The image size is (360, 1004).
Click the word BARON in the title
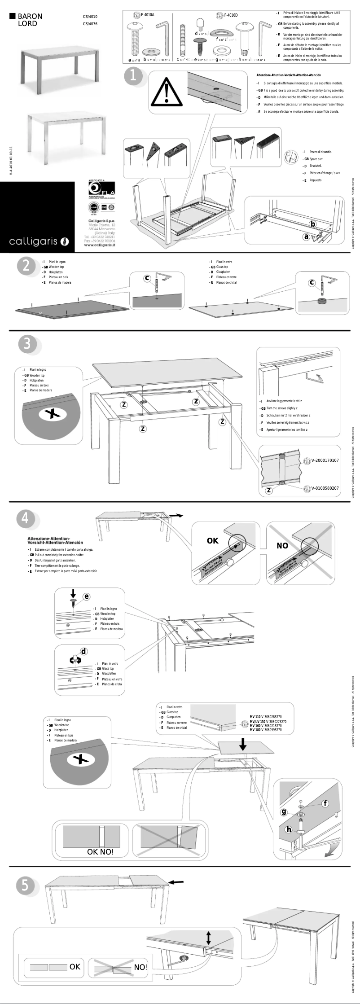coord(30,16)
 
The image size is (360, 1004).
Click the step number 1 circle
coord(133,75)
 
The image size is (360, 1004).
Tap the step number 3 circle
coord(27,344)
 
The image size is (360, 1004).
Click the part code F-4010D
coord(231,15)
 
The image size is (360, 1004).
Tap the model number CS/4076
coord(90,24)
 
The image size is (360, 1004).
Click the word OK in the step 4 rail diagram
coord(212,541)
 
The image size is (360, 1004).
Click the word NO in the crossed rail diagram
coord(282,546)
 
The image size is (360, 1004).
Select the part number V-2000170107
coord(325,460)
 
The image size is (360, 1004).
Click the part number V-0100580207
coord(325,488)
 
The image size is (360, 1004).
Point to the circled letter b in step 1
coord(313,224)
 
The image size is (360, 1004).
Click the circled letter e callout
coord(86,596)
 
